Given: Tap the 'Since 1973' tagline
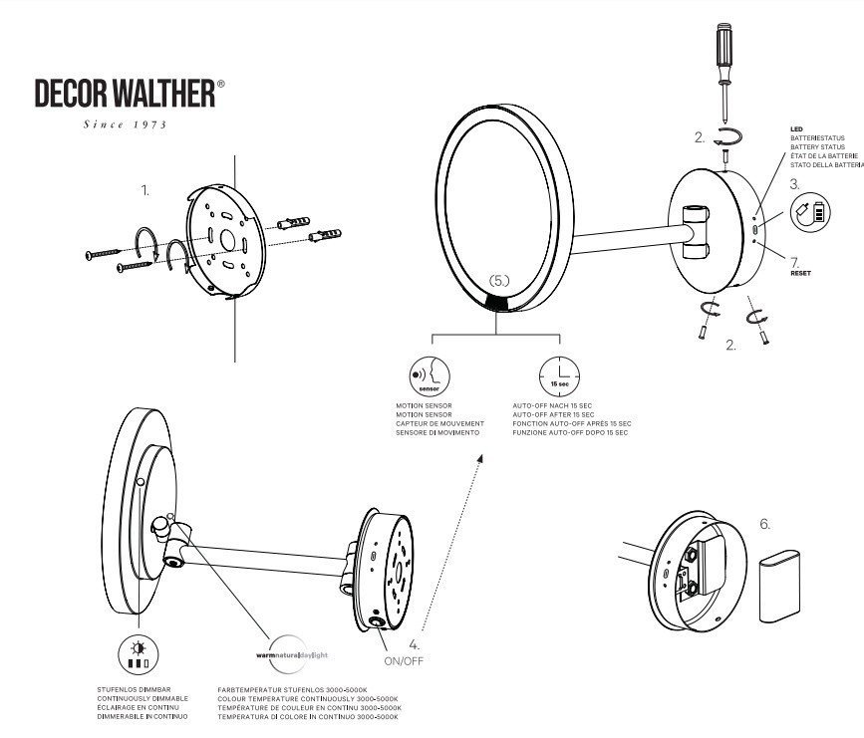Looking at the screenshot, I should coord(124,124).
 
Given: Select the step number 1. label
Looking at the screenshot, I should coord(145,189).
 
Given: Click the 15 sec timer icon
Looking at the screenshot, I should coord(558,374).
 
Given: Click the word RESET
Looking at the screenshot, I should coord(801,272).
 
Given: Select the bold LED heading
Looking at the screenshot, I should coord(796,129).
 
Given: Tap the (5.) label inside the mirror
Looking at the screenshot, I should coord(499,281).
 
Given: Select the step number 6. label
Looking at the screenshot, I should coord(765,522).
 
